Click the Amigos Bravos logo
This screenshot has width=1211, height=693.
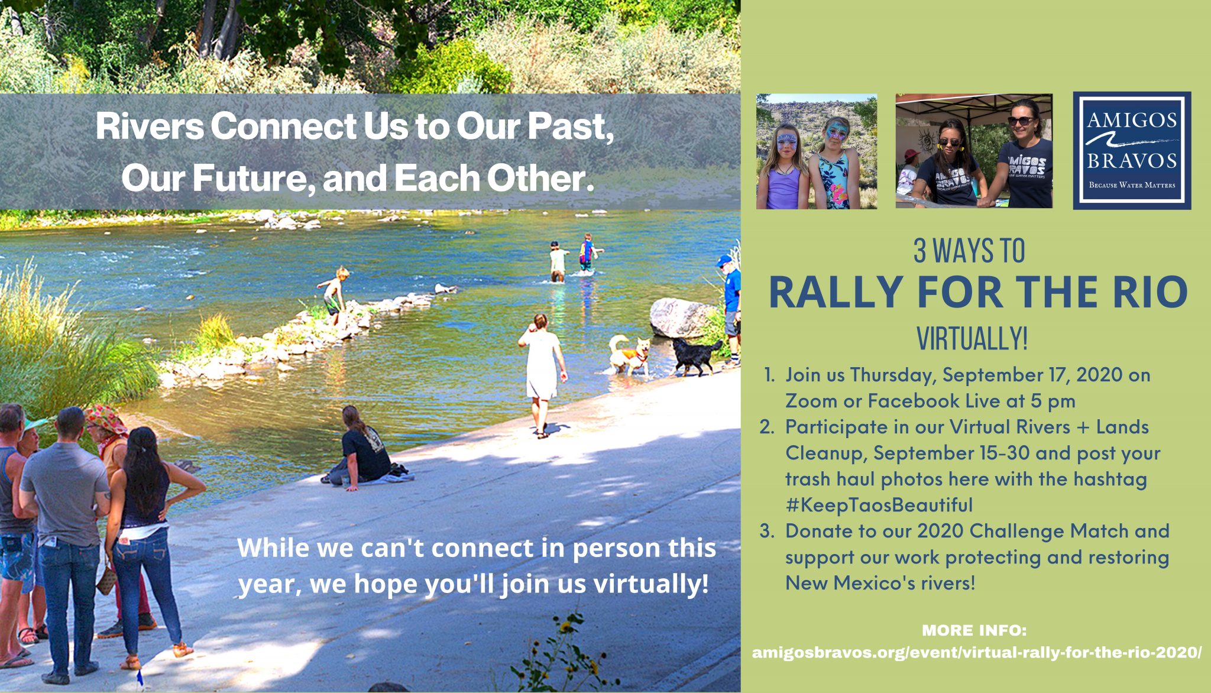click(x=1132, y=150)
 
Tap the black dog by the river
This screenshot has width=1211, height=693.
click(x=697, y=355)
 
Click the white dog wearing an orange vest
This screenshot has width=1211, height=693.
click(x=630, y=354)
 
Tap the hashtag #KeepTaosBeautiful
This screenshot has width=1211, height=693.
click(x=879, y=505)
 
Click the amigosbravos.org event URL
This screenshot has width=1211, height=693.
click(x=977, y=653)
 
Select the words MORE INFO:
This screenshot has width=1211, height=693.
click(x=974, y=630)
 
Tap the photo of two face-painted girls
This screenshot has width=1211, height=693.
click(x=817, y=151)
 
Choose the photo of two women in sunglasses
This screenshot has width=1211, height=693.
click(x=974, y=151)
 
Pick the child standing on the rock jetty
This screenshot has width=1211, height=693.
click(x=333, y=296)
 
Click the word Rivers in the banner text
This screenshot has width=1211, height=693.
click(x=150, y=127)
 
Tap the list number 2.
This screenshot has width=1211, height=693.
click(x=767, y=427)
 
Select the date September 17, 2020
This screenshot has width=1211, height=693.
click(x=1032, y=375)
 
